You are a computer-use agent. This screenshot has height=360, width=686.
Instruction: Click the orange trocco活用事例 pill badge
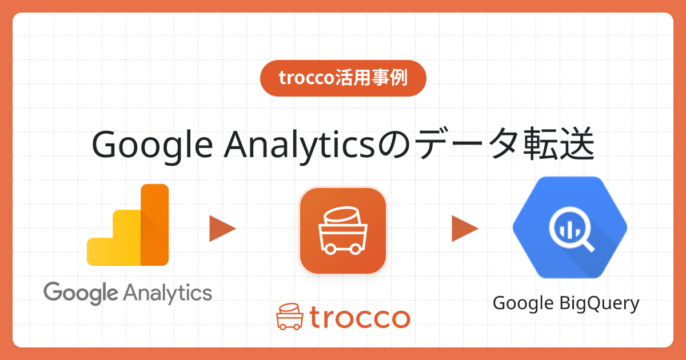click(x=343, y=78)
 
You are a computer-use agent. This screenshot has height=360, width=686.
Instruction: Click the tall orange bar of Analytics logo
click(x=155, y=225)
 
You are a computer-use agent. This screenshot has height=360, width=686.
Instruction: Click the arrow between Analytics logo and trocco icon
click(x=222, y=229)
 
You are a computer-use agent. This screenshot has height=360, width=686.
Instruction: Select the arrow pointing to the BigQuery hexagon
click(x=465, y=229)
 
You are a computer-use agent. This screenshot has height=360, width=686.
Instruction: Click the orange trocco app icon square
click(x=343, y=231)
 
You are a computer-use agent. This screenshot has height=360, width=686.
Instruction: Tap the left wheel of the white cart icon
click(x=330, y=249)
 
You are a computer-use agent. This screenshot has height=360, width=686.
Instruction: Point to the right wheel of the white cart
click(x=356, y=249)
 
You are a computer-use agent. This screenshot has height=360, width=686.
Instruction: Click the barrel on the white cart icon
click(x=342, y=215)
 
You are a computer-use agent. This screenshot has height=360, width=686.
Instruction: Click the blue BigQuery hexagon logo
click(x=570, y=227)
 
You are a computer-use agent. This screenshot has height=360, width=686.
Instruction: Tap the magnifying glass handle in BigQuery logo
click(x=588, y=246)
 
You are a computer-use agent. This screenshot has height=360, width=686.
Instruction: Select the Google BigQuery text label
click(x=566, y=303)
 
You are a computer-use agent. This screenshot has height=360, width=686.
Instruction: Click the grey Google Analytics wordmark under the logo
click(x=127, y=293)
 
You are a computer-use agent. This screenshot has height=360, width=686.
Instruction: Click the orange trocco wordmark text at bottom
click(x=360, y=318)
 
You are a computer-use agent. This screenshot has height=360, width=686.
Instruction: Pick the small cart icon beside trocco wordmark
click(x=290, y=317)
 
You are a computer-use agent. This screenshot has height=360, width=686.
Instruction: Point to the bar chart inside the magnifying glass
click(x=569, y=230)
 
